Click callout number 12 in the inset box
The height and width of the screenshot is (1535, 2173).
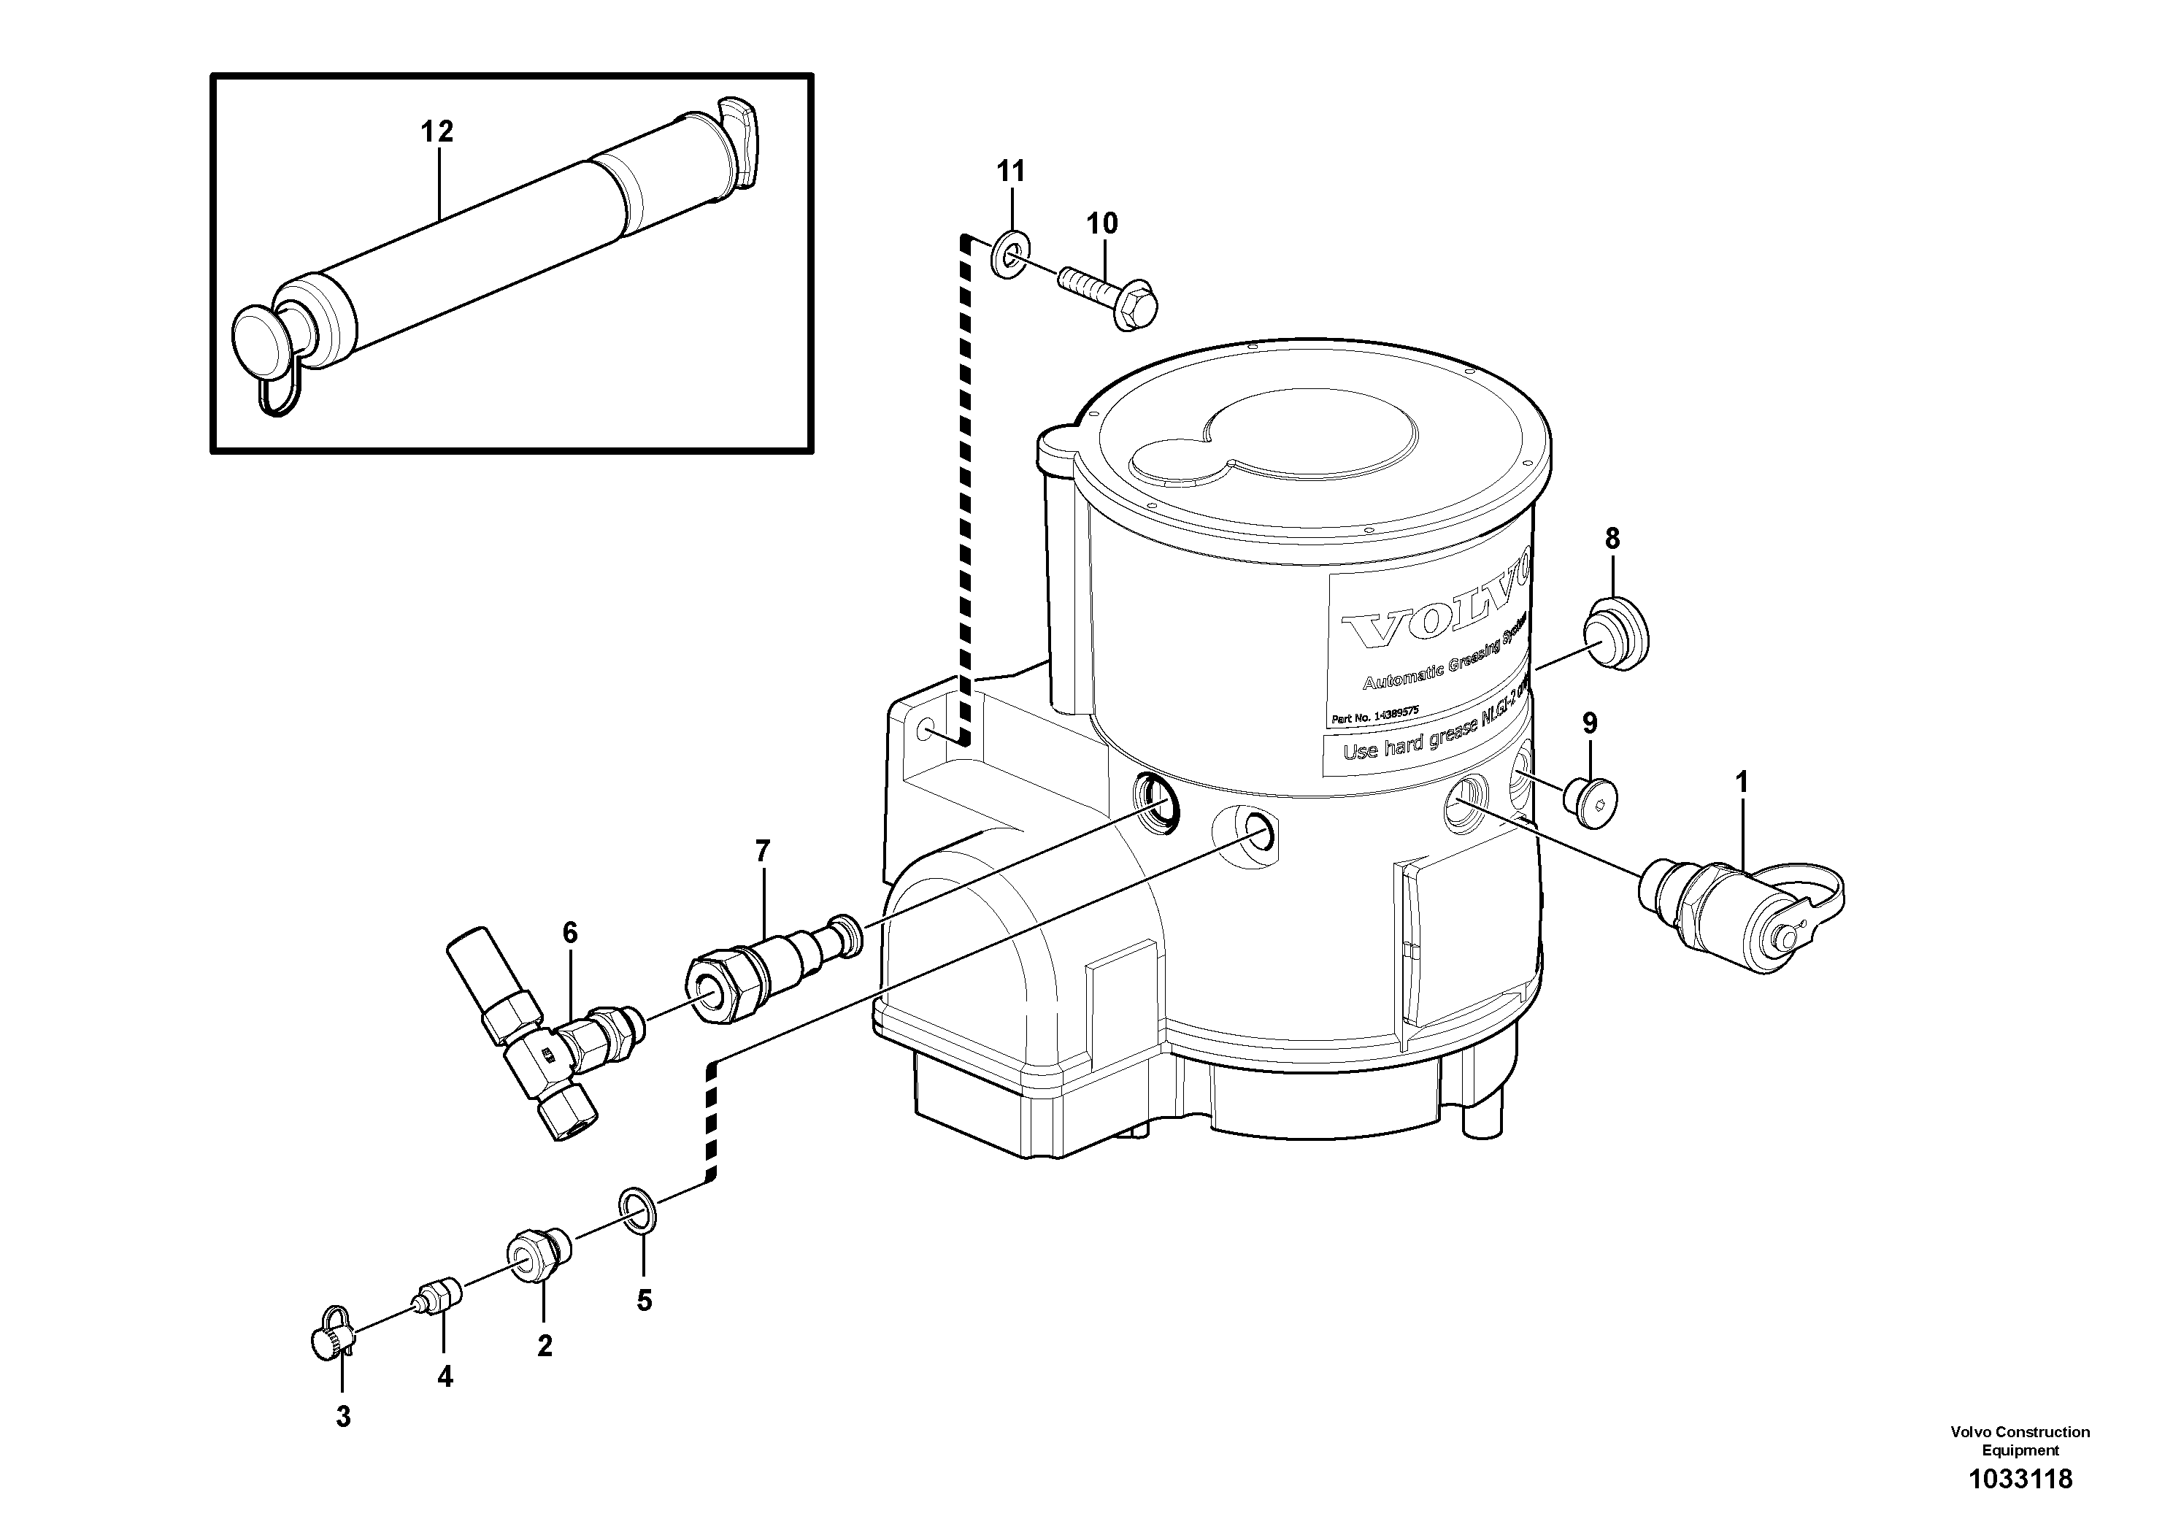(x=437, y=131)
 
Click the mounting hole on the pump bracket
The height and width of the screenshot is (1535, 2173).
(x=926, y=731)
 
